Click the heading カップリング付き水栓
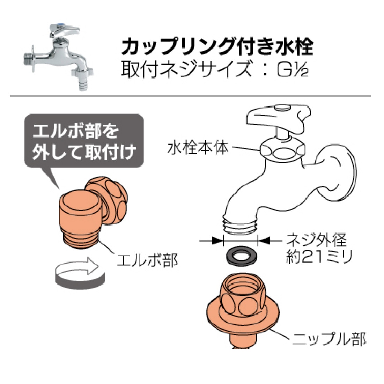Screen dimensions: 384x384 click(217, 46)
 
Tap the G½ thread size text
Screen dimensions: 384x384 click(293, 69)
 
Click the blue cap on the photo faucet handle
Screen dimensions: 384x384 click(60, 25)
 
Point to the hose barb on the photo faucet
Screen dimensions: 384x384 click(82, 83)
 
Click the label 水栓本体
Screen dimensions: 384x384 click(198, 148)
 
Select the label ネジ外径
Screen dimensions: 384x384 click(316, 240)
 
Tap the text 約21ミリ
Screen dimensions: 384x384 click(319, 256)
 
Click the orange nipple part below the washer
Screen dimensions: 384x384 click(243, 311)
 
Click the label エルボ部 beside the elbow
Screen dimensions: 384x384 click(147, 260)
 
